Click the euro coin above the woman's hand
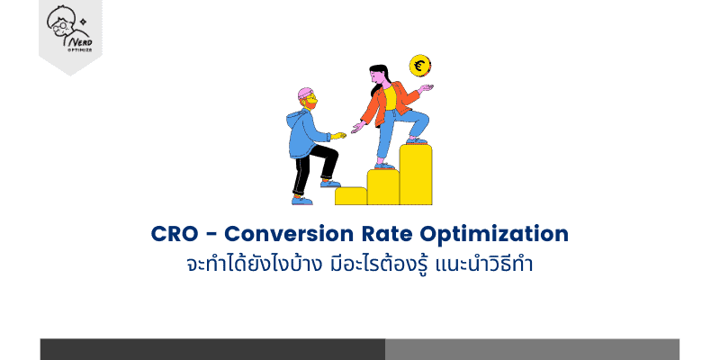418,66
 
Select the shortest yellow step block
350,195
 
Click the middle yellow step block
382,186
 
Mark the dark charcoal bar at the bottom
212,349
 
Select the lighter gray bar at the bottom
532,349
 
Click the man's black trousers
311,166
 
